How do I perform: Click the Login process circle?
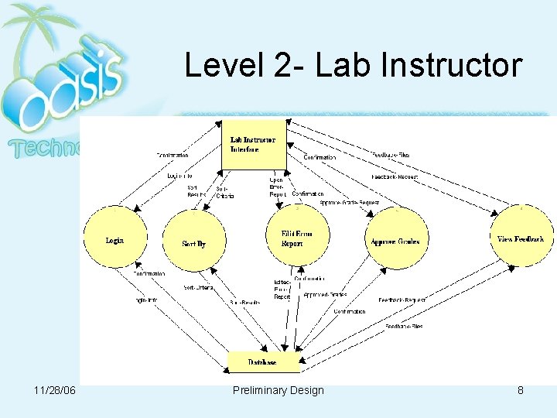point(114,240)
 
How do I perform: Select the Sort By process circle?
point(193,242)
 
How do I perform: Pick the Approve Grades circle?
point(395,241)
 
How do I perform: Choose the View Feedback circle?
point(520,239)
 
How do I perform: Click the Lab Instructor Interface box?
point(253,144)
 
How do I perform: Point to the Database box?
point(262,361)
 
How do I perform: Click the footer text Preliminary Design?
point(278,390)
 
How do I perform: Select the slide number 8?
point(521,390)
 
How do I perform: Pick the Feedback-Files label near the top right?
point(391,155)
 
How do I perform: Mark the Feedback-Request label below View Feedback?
point(402,299)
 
